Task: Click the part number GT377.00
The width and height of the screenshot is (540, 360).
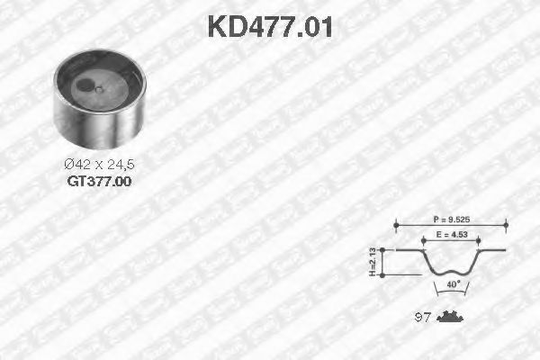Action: tap(99, 181)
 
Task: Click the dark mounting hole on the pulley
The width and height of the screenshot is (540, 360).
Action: tap(84, 87)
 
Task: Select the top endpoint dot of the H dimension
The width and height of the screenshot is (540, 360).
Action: tap(385, 249)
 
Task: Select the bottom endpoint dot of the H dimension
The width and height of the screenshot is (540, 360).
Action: tap(385, 274)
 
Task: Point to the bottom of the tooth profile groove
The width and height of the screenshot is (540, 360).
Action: tap(449, 272)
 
